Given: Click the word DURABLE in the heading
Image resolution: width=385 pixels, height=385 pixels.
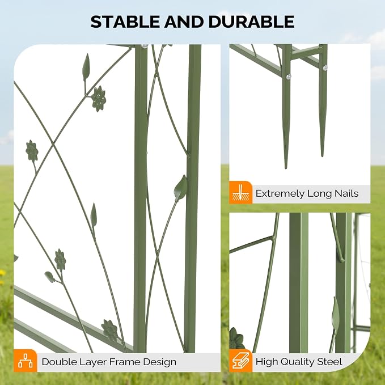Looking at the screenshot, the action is click(x=251, y=22).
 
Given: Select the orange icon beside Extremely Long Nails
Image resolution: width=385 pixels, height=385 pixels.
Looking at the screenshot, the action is click(x=240, y=193).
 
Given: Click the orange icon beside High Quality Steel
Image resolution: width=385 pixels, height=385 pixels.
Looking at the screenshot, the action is click(x=240, y=361).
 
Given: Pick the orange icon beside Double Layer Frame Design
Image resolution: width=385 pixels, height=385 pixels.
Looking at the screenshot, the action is click(x=26, y=361).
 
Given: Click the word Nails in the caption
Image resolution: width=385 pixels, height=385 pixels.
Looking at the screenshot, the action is click(x=346, y=193).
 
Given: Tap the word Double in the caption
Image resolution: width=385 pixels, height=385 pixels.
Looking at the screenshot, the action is click(x=57, y=362).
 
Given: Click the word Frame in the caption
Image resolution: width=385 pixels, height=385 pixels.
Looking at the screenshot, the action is click(x=125, y=362).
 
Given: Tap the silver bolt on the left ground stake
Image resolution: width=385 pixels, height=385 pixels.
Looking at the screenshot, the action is click(x=289, y=77).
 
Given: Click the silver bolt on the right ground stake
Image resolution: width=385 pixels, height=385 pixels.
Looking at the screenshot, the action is click(x=325, y=67).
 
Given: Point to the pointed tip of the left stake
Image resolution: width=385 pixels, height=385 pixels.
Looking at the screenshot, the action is click(x=286, y=168).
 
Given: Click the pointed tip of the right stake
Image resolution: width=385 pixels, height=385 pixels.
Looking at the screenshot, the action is click(x=322, y=156).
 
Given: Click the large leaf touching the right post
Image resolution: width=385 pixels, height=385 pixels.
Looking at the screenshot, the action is click(x=181, y=188).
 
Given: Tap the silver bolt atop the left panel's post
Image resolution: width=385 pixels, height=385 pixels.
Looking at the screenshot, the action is click(x=145, y=46).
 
